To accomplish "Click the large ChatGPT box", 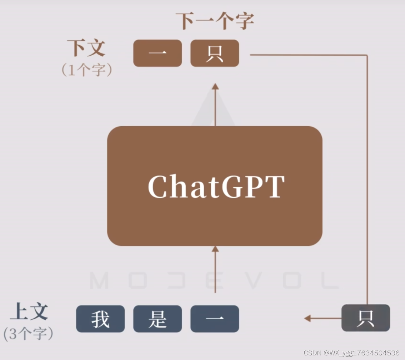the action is pyautogui.click(x=215, y=186).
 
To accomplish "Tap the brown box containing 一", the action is pyautogui.click(x=157, y=53).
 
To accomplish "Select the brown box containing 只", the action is pyautogui.click(x=215, y=53).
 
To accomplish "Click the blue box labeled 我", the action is pyautogui.click(x=100, y=319).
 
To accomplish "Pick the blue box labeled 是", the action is pyautogui.click(x=157, y=319).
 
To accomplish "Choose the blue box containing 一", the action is pyautogui.click(x=215, y=319).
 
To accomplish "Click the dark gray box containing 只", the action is pyautogui.click(x=366, y=318).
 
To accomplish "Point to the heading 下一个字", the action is pyautogui.click(x=215, y=21).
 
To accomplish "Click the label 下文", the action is pyautogui.click(x=86, y=48).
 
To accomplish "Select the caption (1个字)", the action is pyautogui.click(x=87, y=70).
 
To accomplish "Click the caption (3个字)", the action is pyautogui.click(x=29, y=334).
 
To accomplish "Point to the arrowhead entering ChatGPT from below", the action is pyautogui.click(x=215, y=249).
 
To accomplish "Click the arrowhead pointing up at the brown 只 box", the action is pyautogui.click(x=215, y=86).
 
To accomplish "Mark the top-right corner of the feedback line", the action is pyautogui.click(x=367, y=55).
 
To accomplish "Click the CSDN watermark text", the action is pyautogui.click(x=351, y=353).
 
